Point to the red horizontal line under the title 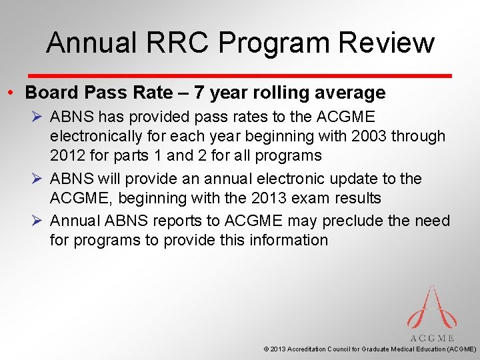pos(240,75)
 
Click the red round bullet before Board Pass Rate pos(14,93)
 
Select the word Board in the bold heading pos(52,93)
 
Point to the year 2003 pos(366,137)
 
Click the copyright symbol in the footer pos(267,349)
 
